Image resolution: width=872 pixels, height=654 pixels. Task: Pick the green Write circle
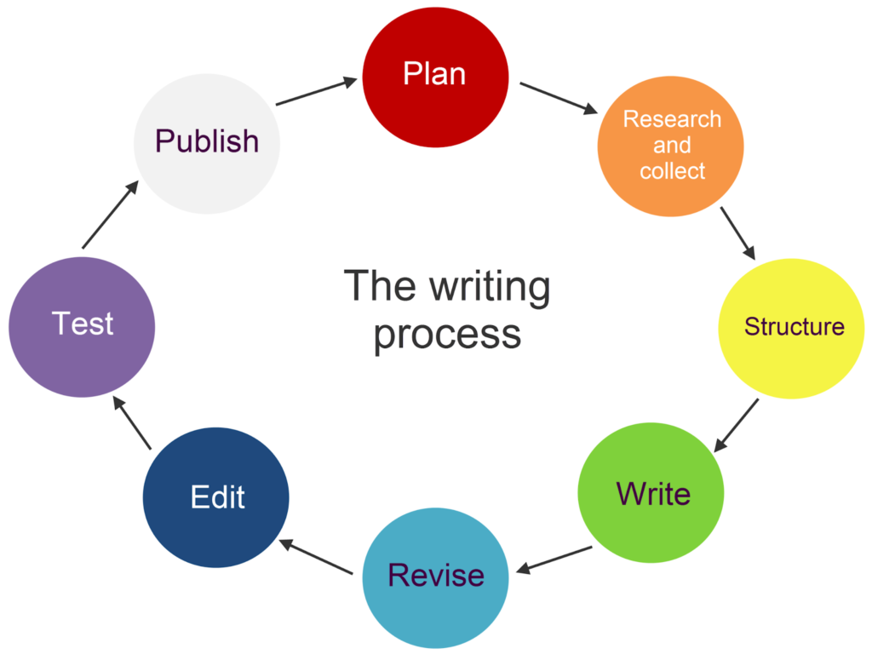tap(651, 494)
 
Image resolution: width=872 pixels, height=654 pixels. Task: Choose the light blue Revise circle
tap(435, 577)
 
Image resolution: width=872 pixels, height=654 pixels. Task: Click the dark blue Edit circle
tap(216, 497)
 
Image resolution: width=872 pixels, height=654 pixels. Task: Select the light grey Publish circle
tap(207, 141)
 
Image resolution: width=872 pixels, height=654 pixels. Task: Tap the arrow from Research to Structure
tap(737, 232)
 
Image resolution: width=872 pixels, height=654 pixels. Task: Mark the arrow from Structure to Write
tap(736, 425)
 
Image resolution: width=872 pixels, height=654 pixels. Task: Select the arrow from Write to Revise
tap(555, 559)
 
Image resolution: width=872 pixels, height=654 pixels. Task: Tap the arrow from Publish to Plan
tap(317, 91)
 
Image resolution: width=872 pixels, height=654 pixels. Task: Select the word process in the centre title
tap(447, 335)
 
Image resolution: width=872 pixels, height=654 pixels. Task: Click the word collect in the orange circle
tap(672, 171)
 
